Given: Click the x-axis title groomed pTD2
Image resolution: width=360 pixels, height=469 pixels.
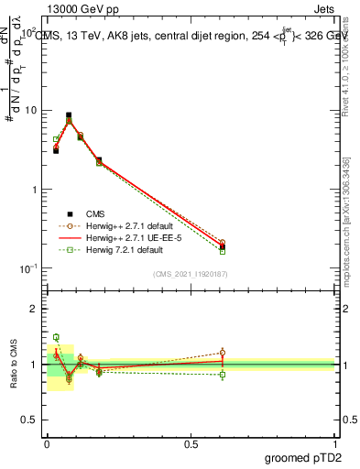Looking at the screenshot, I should pos(304,455).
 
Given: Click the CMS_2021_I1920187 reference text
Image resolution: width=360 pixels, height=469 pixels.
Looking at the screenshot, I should pos(191,274).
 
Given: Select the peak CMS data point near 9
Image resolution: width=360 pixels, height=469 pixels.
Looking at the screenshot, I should pos(69,115).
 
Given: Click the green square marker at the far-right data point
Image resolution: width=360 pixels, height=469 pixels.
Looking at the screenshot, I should pos(223,250).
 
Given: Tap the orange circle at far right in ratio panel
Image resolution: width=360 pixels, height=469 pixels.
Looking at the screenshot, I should pos(223,353).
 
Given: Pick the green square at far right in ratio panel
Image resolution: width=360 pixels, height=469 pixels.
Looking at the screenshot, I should pos(223,375).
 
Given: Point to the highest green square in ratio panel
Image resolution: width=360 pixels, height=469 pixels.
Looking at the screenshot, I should pos(56,337).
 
